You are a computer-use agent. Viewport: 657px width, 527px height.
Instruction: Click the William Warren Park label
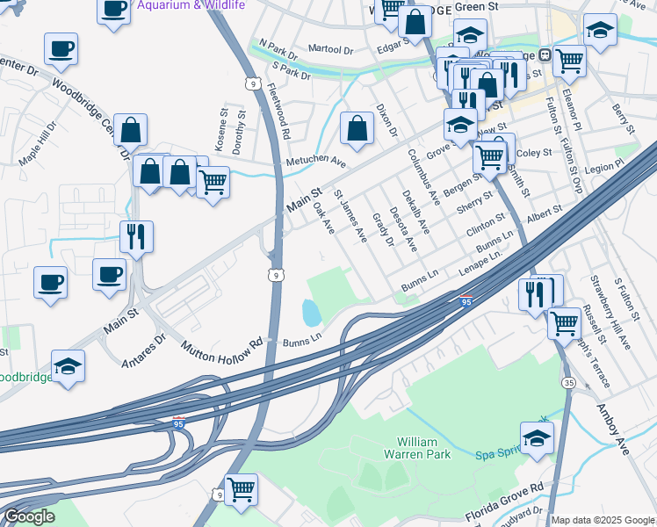423,447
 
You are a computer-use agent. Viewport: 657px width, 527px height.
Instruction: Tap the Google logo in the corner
28,516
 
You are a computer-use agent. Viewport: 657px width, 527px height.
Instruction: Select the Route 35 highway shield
568,382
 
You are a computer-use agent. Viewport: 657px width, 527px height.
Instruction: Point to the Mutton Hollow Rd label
223,348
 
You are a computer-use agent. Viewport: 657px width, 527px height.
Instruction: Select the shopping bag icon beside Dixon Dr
357,128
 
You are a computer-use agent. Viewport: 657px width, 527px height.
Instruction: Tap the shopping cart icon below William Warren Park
240,488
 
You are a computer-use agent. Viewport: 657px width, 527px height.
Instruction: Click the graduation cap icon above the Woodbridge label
68,364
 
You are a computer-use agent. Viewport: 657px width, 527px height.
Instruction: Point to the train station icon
545,54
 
